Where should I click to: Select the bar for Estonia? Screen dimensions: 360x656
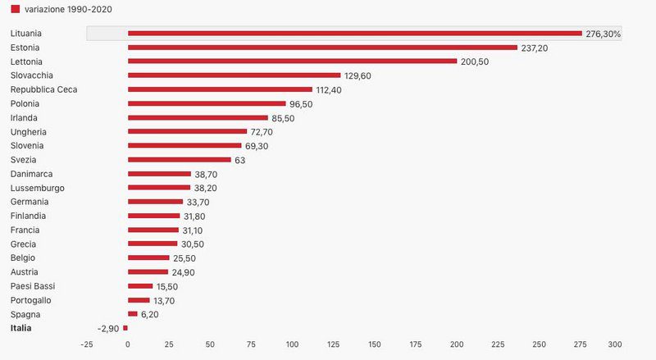tap(322, 48)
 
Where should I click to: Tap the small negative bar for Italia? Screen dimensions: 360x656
tap(125, 328)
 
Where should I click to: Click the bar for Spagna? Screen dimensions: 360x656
tap(132, 314)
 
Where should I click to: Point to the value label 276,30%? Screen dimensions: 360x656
tap(603, 34)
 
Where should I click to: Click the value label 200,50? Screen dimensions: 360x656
tap(475, 62)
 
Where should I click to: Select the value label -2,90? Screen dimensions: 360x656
tap(107, 328)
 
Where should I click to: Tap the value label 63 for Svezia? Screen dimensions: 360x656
tap(239, 160)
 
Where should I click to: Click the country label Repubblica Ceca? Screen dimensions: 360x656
tap(43, 89)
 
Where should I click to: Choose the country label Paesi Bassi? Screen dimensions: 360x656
tap(32, 286)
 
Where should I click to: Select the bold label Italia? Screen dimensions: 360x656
tap(22, 328)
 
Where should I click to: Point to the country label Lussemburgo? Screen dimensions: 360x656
tap(38, 188)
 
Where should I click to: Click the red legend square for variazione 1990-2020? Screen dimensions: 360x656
tap(15, 9)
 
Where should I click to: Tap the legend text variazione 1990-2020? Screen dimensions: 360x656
tap(68, 9)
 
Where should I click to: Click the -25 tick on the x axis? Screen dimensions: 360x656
tap(86, 344)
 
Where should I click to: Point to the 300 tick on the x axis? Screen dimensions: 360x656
tap(615, 344)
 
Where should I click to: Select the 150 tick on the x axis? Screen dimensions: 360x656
tap(375, 344)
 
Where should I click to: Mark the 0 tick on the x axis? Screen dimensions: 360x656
tap(128, 344)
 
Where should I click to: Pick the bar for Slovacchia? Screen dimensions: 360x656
tap(234, 75)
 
